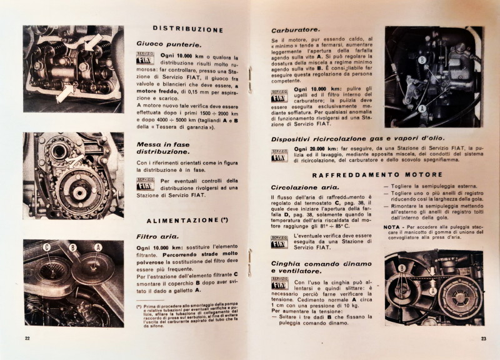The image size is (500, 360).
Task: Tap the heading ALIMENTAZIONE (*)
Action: [186, 221]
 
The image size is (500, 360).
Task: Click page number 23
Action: [483, 339]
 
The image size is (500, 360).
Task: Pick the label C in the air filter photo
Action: [47, 247]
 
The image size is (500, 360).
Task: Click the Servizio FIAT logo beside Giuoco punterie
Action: [145, 58]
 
